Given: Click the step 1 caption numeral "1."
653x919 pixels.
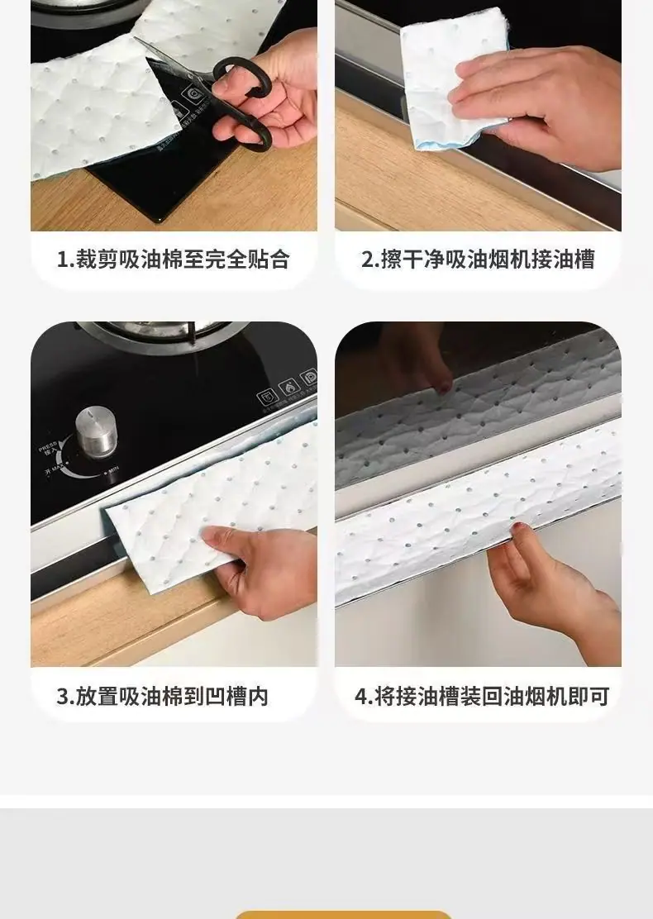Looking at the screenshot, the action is (64, 259).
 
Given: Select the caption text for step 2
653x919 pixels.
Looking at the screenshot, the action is (479, 259).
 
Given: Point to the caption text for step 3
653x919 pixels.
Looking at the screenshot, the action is (162, 697).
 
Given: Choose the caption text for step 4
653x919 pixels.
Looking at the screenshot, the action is (482, 697).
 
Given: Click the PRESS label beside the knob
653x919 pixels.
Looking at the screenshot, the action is (47, 447).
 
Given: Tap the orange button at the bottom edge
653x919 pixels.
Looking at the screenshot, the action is (344, 915).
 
